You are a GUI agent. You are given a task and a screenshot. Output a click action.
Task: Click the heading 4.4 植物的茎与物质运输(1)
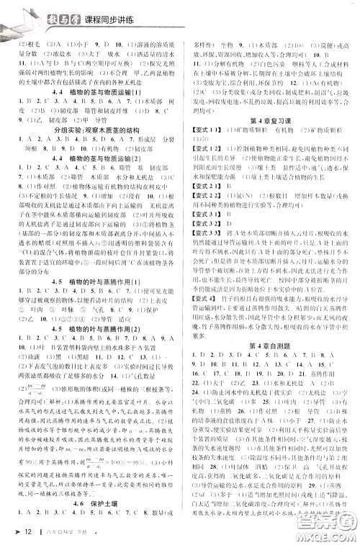(95, 91)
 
